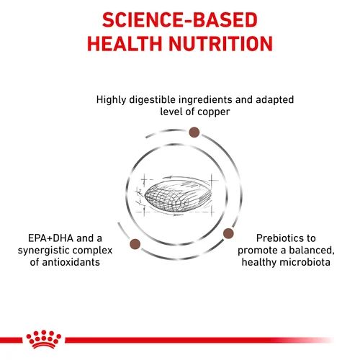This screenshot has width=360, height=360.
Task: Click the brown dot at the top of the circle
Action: click(x=194, y=132)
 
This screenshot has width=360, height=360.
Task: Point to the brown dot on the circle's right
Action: click(x=228, y=233)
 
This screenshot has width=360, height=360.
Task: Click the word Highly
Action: click(x=112, y=99)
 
